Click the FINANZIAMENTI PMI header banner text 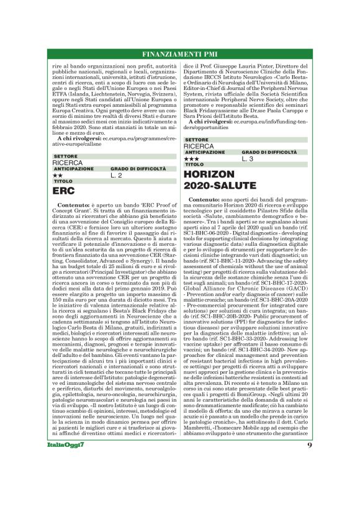(x=180, y=53)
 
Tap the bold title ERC (x=64, y=191)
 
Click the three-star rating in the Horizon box (x=191, y=159)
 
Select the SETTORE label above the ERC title (x=65, y=156)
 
